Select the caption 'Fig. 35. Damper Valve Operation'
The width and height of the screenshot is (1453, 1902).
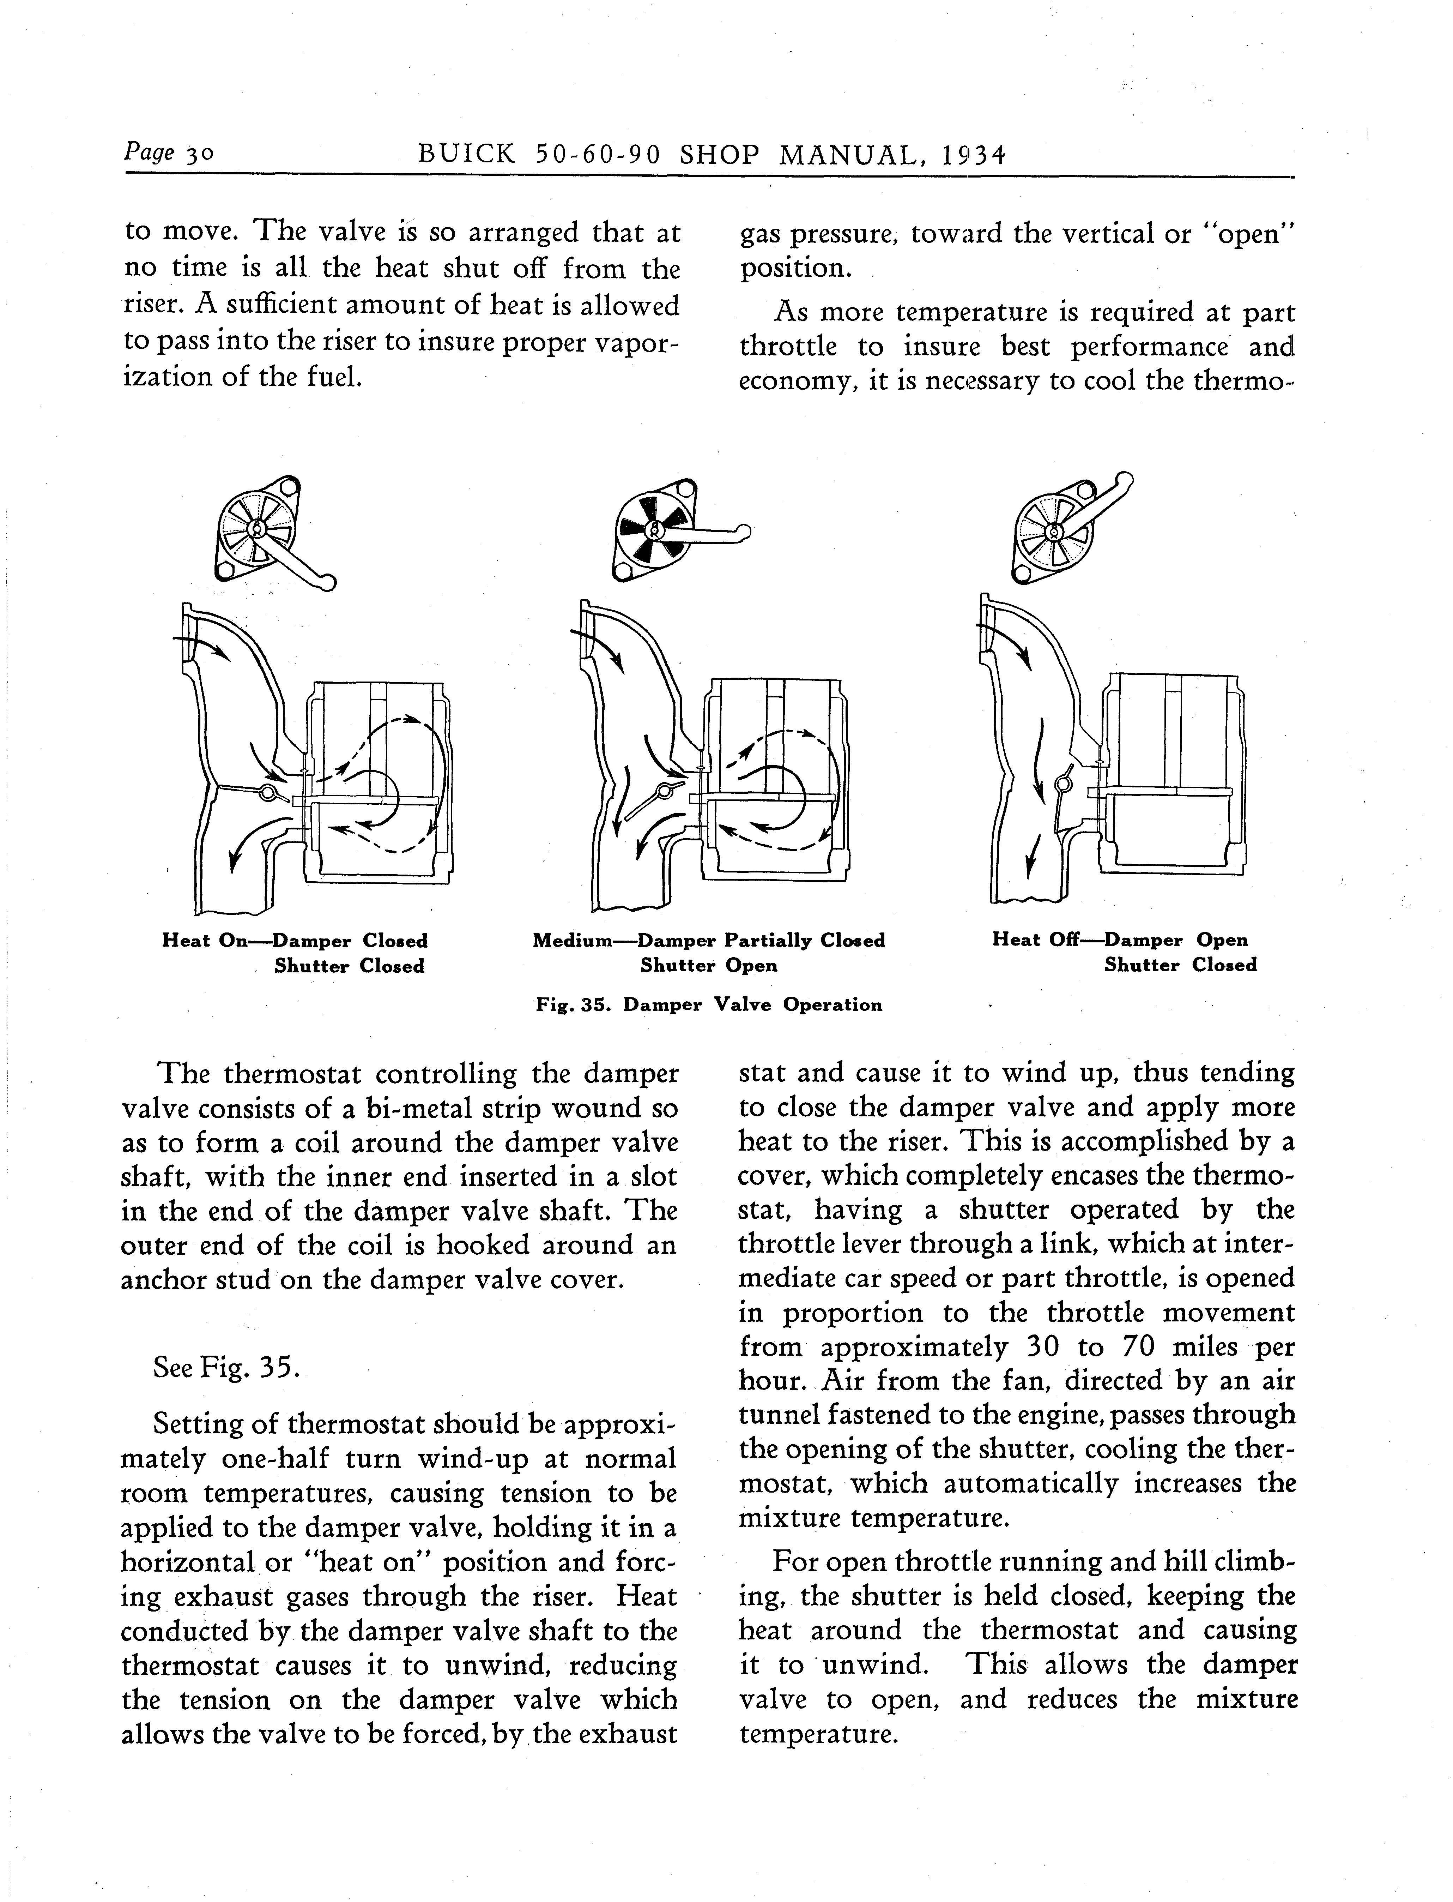point(709,1005)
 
